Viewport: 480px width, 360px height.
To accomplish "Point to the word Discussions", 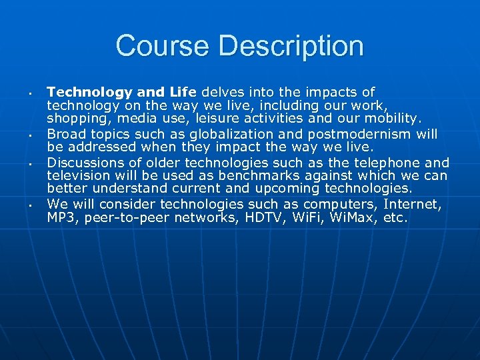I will coord(91,163).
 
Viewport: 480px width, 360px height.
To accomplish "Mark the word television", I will coord(77,176).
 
